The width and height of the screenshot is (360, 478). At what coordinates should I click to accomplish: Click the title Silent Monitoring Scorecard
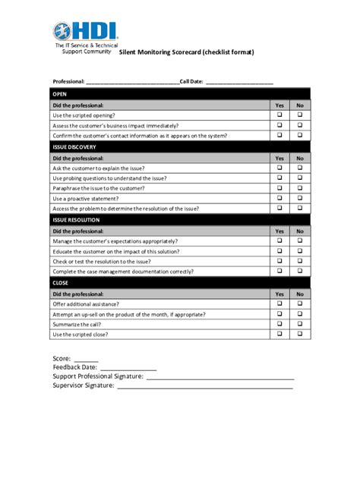[x=187, y=52]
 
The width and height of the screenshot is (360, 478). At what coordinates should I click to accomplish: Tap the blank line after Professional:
[x=132, y=81]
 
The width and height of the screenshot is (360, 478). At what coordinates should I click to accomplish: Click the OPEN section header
[x=59, y=94]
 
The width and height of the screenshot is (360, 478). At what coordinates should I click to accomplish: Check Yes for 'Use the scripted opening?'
[x=279, y=115]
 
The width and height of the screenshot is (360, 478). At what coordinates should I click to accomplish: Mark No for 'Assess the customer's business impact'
[x=300, y=124]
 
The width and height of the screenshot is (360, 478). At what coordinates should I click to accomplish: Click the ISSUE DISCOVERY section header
[x=74, y=146]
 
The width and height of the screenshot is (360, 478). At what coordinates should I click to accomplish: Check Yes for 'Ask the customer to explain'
[x=279, y=168]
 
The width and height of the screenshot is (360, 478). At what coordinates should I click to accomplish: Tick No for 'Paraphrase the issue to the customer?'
[x=300, y=187]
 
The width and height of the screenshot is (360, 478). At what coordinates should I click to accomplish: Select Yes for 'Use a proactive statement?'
[x=279, y=197]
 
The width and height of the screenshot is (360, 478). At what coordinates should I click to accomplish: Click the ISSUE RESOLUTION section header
[x=76, y=219]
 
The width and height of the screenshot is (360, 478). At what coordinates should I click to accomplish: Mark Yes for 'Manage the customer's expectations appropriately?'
[x=279, y=241]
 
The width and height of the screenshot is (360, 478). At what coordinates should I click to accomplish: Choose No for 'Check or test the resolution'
[x=300, y=260]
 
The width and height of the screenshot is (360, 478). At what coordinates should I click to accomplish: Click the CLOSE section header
[x=60, y=282]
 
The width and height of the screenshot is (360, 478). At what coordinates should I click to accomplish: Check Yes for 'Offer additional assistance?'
[x=279, y=303]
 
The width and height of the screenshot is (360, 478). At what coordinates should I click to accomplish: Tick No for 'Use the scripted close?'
[x=300, y=333]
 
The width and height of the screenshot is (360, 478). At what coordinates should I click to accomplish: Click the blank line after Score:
[x=86, y=359]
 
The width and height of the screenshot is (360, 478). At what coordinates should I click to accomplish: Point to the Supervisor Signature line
[x=204, y=386]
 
